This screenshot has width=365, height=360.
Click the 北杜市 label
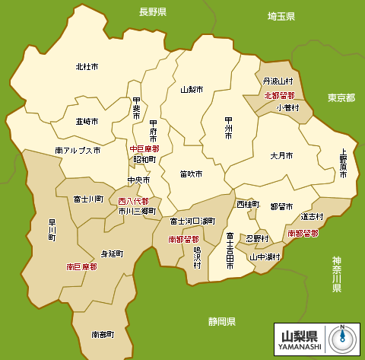[x=87, y=67]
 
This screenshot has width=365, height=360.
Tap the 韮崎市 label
[x=87, y=121]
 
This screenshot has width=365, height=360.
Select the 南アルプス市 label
[x=78, y=151]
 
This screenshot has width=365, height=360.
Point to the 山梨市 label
[x=192, y=89]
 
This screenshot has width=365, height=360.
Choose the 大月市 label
[x=281, y=155]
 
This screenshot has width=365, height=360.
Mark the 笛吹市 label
[x=192, y=174]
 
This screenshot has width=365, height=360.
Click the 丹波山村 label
[x=278, y=81]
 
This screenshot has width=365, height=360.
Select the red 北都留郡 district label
[x=279, y=95]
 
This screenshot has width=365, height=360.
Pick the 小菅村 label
[x=287, y=107]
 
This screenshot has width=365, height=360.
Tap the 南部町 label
[x=102, y=334]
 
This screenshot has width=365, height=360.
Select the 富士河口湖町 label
[x=192, y=221]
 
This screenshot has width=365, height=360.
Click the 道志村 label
[x=312, y=216]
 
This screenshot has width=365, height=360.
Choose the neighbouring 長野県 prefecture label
[x=152, y=12]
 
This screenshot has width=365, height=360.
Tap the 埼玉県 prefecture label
[x=281, y=16]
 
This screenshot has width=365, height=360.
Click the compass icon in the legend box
[x=342, y=339]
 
